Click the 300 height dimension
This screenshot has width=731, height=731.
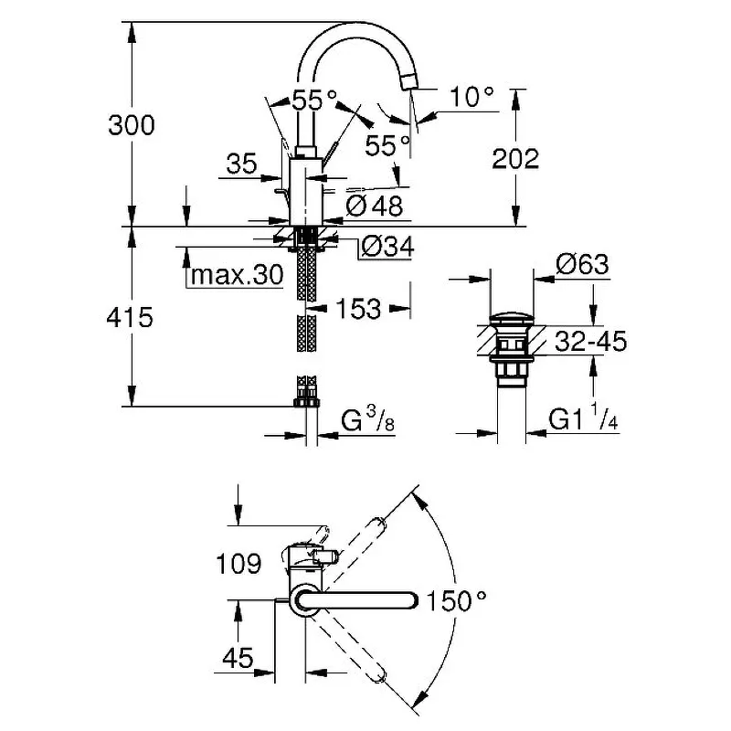tap(132, 125)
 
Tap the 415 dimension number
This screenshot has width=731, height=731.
tap(130, 318)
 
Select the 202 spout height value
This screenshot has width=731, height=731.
tap(515, 159)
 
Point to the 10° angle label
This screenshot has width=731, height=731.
tap(471, 98)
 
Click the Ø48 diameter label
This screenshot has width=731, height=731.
tap(375, 206)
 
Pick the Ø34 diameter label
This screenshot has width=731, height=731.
tap(387, 247)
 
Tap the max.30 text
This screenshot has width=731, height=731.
tap(238, 275)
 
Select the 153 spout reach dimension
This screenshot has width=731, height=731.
tap(358, 309)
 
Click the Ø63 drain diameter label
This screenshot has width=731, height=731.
tap(582, 265)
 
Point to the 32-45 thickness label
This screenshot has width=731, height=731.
tap(591, 341)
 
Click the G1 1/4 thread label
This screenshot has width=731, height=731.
tap(583, 417)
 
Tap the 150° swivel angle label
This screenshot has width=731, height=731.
tap(456, 600)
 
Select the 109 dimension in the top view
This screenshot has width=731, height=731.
tap(238, 564)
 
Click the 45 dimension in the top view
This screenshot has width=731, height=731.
tap(238, 658)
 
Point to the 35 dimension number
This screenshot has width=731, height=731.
tap(242, 164)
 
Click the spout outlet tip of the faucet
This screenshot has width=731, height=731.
tap(409, 83)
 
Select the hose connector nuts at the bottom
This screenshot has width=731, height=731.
tap(306, 402)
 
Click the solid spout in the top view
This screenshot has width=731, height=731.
tap(355, 600)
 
